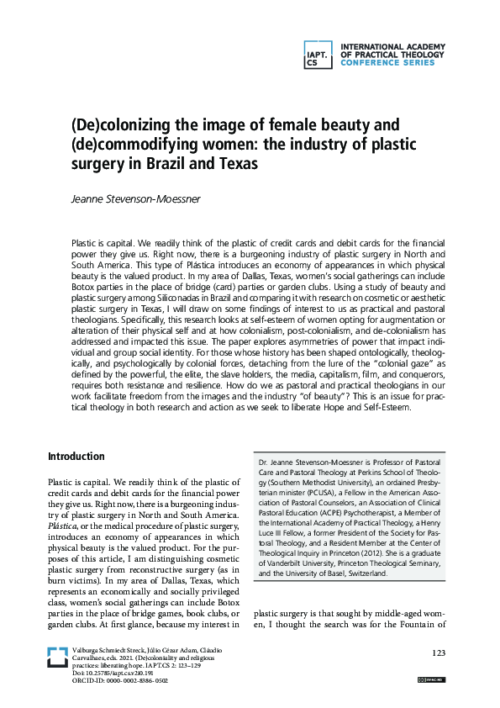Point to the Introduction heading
(76, 457)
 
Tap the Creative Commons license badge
(432, 679)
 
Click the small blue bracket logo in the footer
(57, 657)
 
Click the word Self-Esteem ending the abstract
(382, 408)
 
